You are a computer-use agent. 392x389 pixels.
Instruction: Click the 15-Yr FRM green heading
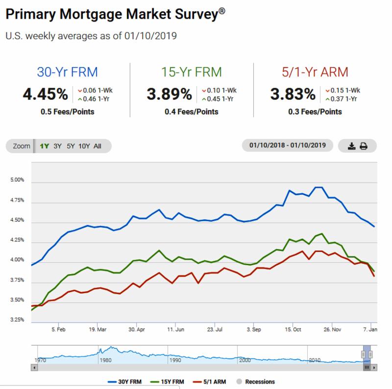tap(192, 72)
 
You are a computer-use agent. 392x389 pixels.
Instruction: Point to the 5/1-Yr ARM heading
tap(316, 72)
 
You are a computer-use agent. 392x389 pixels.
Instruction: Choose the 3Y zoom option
tap(58, 146)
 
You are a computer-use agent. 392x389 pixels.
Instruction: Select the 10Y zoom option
tap(84, 146)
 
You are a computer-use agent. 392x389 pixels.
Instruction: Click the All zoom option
tap(97, 146)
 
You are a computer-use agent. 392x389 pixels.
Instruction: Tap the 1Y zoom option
tap(44, 146)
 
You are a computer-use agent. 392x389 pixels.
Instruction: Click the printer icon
tap(364, 146)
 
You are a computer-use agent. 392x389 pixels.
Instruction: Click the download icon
tap(351, 146)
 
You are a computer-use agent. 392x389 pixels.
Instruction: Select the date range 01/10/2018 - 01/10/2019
tap(288, 145)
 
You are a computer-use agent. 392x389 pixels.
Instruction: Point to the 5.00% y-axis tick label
tap(16, 180)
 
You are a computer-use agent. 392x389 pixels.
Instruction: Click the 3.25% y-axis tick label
tap(16, 320)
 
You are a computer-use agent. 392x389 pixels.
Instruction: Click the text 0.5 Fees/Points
tap(68, 112)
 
